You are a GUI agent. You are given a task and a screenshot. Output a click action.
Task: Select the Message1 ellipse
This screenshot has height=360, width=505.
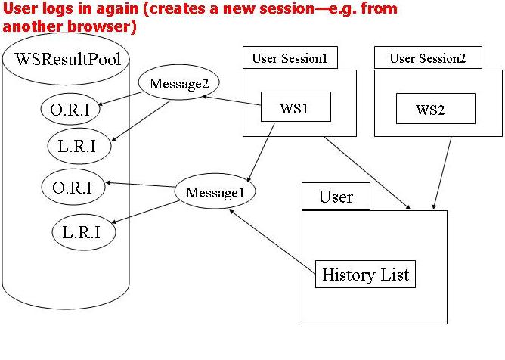tap(215, 192)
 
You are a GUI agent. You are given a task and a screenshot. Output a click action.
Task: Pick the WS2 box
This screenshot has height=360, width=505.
tap(435, 109)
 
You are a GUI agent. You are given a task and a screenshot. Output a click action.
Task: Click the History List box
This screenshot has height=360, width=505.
tap(365, 274)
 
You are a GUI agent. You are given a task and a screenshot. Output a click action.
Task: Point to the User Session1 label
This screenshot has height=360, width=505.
tap(290, 58)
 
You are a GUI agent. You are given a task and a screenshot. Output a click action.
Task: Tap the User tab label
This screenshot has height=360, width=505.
tap(336, 197)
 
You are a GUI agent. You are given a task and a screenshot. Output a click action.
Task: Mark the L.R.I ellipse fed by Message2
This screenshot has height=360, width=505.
tap(76, 146)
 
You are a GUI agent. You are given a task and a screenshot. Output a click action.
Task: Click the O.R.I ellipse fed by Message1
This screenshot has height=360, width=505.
tap(73, 186)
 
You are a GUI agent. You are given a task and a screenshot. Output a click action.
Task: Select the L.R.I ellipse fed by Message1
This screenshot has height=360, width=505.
tap(84, 231)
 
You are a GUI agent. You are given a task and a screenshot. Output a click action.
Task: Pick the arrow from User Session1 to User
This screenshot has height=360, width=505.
tap(367, 172)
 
